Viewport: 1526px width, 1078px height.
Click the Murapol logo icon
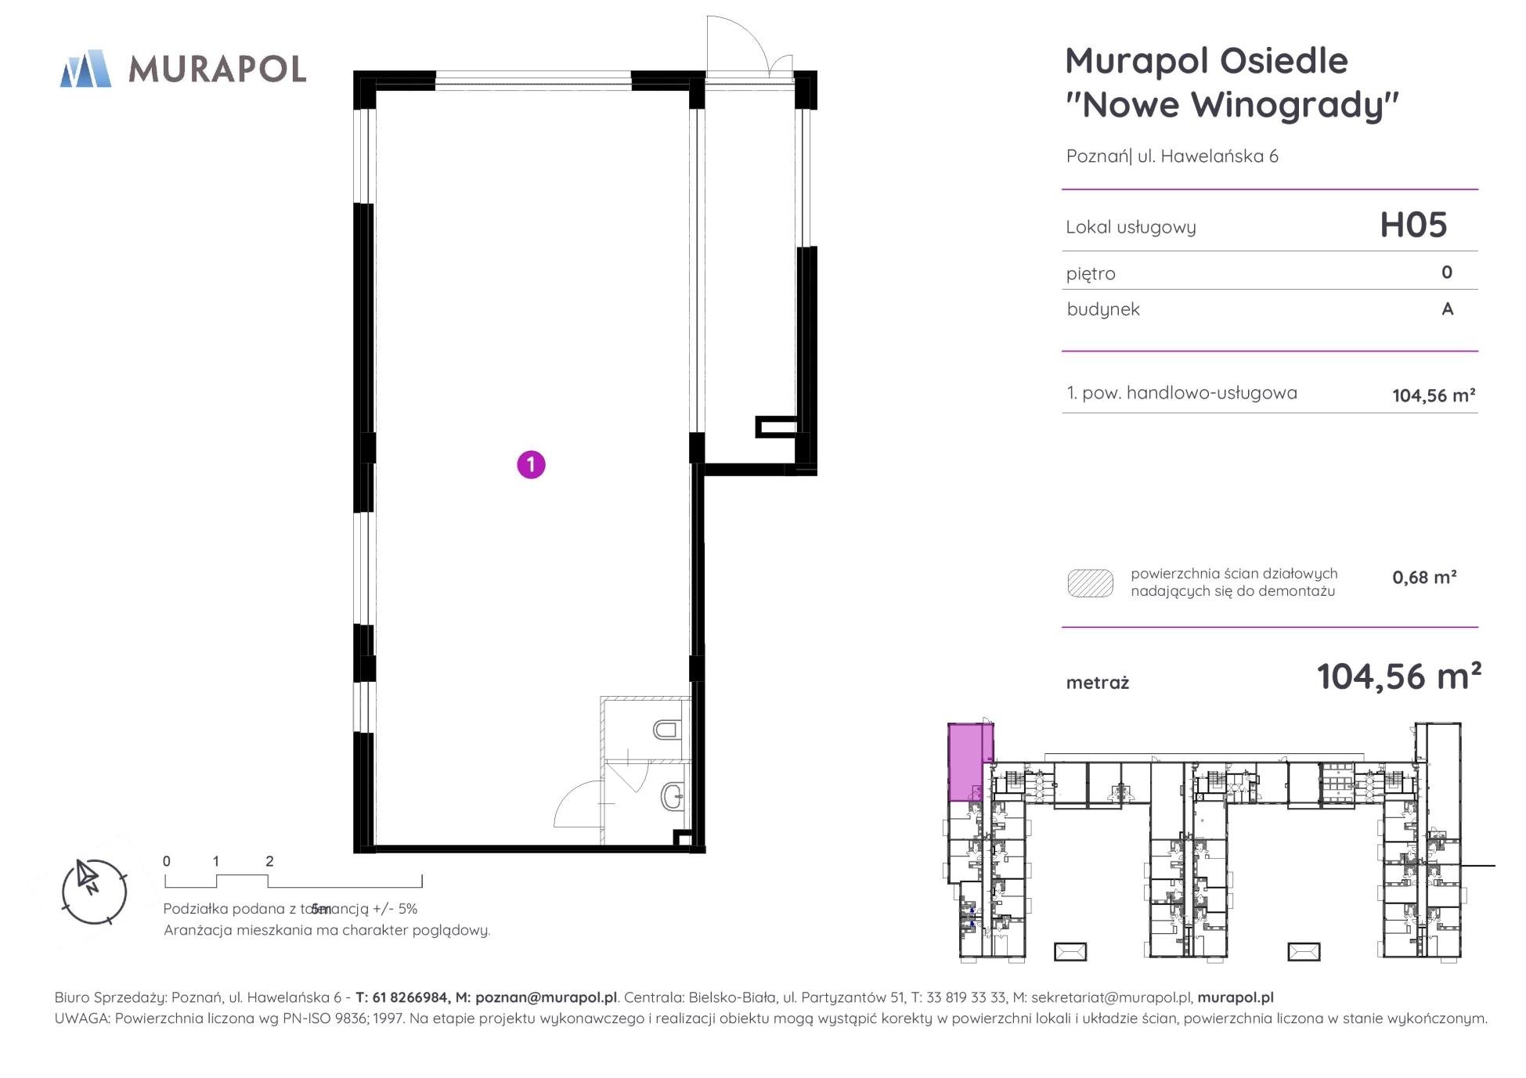[85, 68]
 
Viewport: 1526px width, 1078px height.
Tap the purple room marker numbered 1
[531, 464]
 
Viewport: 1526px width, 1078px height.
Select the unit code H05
[1413, 225]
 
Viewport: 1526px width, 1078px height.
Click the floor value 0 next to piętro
[1447, 272]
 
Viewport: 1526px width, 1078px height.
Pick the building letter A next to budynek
[1448, 308]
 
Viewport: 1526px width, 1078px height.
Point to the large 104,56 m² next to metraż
[1399, 676]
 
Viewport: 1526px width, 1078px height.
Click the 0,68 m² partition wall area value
[1424, 578]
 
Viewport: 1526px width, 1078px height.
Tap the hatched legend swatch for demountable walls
[1090, 583]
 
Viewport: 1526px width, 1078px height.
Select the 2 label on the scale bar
[269, 861]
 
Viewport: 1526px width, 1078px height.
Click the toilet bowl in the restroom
[666, 730]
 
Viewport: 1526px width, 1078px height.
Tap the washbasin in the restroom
[673, 797]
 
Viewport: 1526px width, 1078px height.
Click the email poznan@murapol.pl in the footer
[546, 997]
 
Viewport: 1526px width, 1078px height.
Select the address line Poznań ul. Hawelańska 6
[1172, 156]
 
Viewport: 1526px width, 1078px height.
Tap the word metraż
[1098, 683]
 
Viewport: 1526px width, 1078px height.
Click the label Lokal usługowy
[1131, 227]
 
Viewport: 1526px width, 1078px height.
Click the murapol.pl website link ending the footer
[1236, 997]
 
